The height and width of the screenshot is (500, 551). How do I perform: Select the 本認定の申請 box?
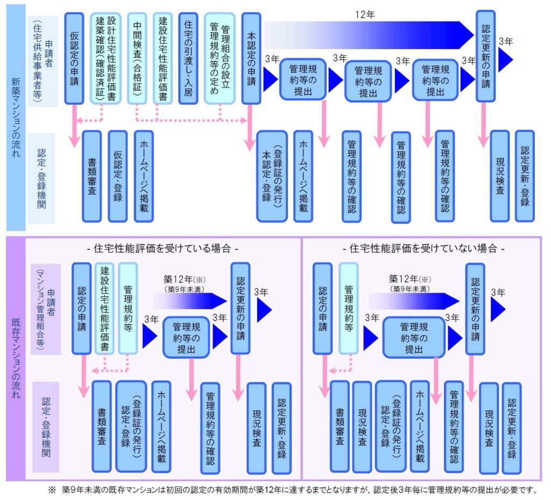pos(251,58)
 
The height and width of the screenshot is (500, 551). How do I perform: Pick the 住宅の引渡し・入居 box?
pos(188,58)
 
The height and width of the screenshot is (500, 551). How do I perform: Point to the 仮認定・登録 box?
pos(118,176)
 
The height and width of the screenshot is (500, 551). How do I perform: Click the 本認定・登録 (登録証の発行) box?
pos(272,176)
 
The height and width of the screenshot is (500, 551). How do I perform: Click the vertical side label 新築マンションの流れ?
pos(16,117)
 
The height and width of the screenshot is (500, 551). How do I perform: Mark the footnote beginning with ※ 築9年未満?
pos(293,490)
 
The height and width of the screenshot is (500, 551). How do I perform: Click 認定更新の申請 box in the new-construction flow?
pos(485,55)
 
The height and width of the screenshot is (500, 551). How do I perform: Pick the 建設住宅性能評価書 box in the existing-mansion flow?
pos(104,308)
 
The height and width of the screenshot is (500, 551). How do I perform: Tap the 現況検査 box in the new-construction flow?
pos(500,176)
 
